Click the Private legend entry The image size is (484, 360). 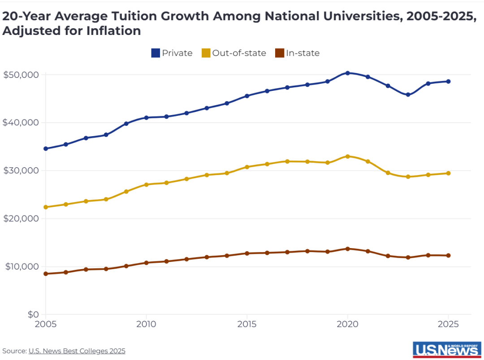[172, 53]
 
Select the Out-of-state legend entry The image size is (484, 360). [233, 53]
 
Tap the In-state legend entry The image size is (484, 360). [297, 53]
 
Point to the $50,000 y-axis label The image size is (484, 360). [21, 74]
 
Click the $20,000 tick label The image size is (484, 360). [21, 219]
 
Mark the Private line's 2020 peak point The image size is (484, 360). [347, 73]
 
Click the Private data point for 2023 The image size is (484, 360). [408, 95]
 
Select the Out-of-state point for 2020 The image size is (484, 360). [347, 156]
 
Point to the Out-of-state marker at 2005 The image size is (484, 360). [45, 207]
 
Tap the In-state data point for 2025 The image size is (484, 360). [448, 256]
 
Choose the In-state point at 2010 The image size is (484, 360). [146, 263]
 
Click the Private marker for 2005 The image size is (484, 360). [45, 149]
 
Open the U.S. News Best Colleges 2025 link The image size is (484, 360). [77, 351]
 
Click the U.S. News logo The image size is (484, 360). [447, 350]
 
